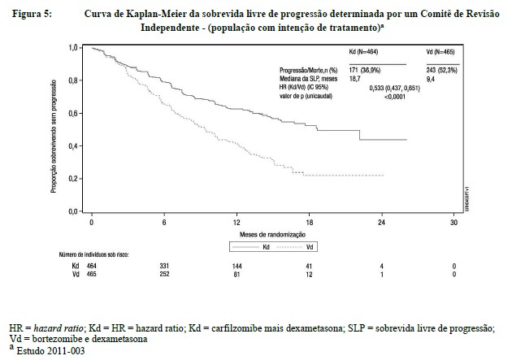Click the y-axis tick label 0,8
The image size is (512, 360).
tap(75, 80)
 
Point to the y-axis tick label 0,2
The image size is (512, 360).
tap(75, 179)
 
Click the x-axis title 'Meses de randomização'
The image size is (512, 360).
tap(272, 234)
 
